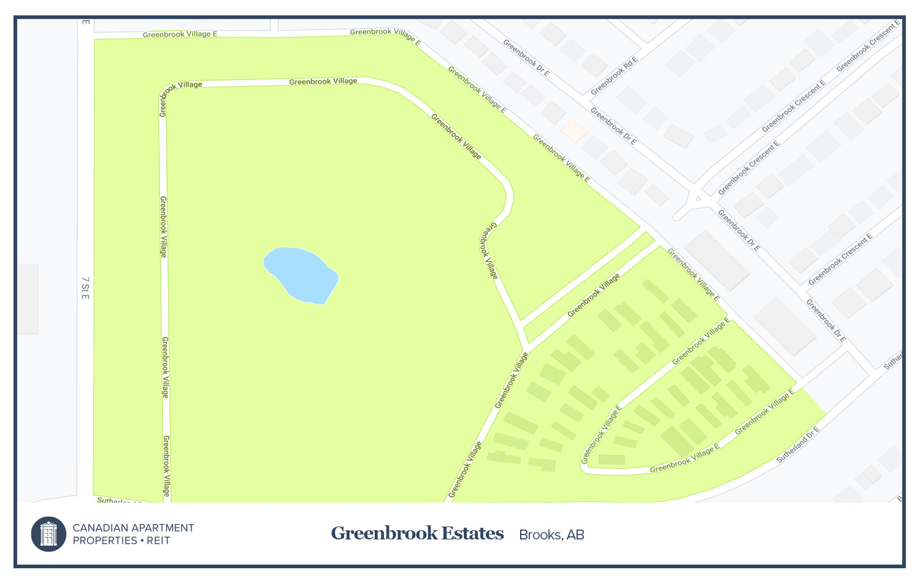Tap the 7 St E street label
85,288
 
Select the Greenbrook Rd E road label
614,76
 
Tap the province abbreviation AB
575,535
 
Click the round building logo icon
48,534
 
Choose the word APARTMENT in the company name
163,528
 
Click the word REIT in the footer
158,541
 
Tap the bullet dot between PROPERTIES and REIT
142,541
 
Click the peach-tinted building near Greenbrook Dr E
573,131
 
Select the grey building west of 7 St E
28,299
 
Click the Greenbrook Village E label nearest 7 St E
180,34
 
